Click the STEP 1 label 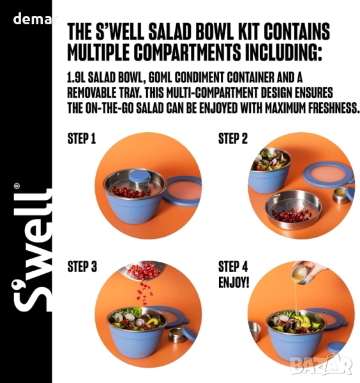(x=82, y=139)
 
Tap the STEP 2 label (x=233, y=139)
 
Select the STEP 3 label (x=82, y=266)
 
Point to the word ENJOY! (x=234, y=283)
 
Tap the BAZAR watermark (x=322, y=365)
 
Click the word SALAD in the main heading (x=169, y=31)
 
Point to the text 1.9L (x=76, y=78)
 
